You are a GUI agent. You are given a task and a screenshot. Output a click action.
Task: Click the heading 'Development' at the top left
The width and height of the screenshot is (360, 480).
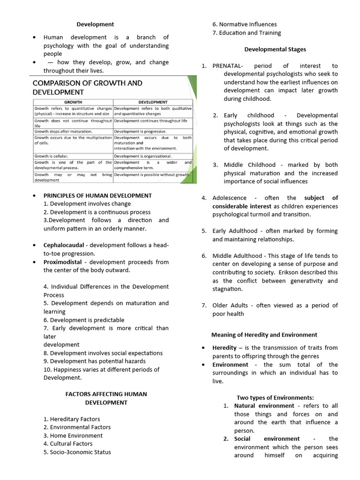(95, 24)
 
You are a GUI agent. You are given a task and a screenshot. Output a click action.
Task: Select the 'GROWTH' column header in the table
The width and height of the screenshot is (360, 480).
(73, 102)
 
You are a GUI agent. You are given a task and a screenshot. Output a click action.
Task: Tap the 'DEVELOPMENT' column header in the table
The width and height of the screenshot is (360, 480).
(153, 102)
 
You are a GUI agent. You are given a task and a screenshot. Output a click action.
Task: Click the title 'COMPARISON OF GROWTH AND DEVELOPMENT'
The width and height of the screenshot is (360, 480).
(87, 87)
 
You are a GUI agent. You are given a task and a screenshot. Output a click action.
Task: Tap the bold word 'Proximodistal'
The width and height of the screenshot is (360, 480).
(62, 262)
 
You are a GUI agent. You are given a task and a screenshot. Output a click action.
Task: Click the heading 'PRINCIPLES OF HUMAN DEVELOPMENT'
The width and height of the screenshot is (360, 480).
(97, 195)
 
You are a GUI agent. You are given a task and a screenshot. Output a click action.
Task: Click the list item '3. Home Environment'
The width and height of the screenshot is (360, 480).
(73, 435)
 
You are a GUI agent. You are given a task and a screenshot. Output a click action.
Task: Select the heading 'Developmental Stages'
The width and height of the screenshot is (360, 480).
(275, 49)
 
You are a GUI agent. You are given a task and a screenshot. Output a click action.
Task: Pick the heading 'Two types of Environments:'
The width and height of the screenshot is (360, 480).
(275, 397)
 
